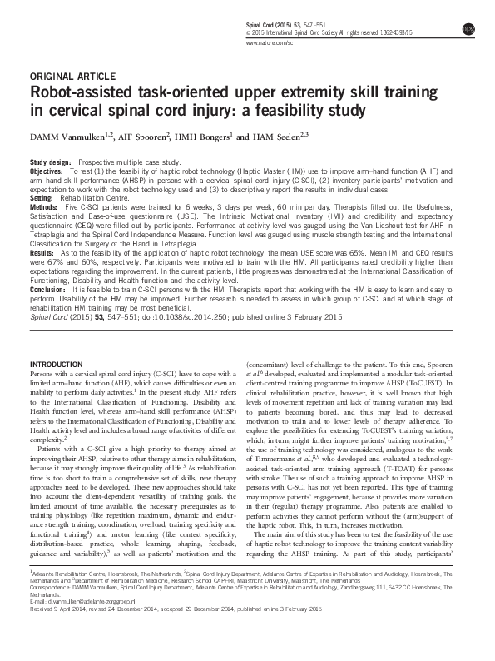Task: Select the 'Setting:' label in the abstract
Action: tap(42, 199)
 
